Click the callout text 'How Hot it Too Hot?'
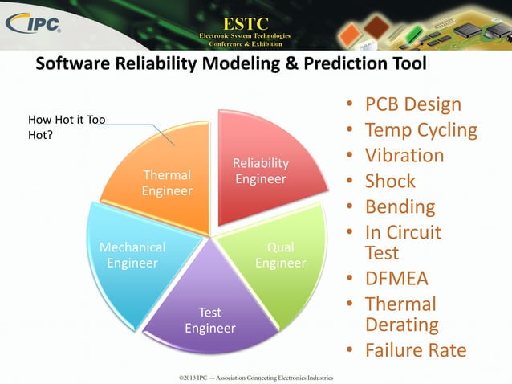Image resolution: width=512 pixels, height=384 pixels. [x=67, y=128]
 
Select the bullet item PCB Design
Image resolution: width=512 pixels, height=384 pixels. [x=412, y=104]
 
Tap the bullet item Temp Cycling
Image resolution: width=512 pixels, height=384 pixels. [x=421, y=130]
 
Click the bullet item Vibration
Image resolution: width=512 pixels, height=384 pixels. [x=404, y=156]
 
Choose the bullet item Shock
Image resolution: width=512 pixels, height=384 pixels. [x=390, y=182]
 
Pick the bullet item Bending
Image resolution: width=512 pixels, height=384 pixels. [x=400, y=207]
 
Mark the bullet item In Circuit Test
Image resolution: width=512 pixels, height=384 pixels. [x=403, y=243]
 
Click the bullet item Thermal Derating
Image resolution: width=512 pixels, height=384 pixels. [x=401, y=314]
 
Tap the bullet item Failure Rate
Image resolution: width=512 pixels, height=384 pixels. [x=415, y=351]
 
